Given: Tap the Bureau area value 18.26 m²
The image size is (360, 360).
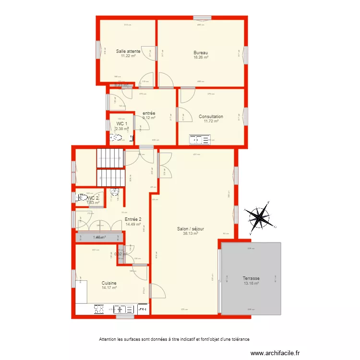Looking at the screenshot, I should (x=201, y=57).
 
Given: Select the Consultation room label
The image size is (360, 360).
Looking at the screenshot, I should (x=211, y=117).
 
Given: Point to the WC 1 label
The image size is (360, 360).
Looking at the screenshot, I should (x=122, y=123).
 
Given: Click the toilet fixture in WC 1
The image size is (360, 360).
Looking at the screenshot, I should (x=117, y=138).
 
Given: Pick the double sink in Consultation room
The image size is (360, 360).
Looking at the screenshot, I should (x=200, y=140).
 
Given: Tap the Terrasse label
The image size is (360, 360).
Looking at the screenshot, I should (x=251, y=278).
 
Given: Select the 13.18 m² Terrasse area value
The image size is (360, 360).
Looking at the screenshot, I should (x=251, y=284).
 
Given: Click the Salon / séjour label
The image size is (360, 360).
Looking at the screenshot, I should (x=190, y=229).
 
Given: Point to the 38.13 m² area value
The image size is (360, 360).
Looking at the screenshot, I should (x=190, y=234).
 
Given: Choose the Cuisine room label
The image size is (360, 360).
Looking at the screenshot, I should (x=109, y=283).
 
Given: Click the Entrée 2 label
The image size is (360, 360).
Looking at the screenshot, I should (x=133, y=219).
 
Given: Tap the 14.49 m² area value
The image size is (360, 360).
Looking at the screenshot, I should (x=133, y=224).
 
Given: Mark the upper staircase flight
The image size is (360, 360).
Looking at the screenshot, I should (x=110, y=158).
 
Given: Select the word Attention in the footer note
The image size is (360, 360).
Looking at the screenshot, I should (x=108, y=339).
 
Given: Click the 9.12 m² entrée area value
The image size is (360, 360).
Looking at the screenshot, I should (x=149, y=118).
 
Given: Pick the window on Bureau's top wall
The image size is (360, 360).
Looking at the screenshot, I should (x=202, y=18).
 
